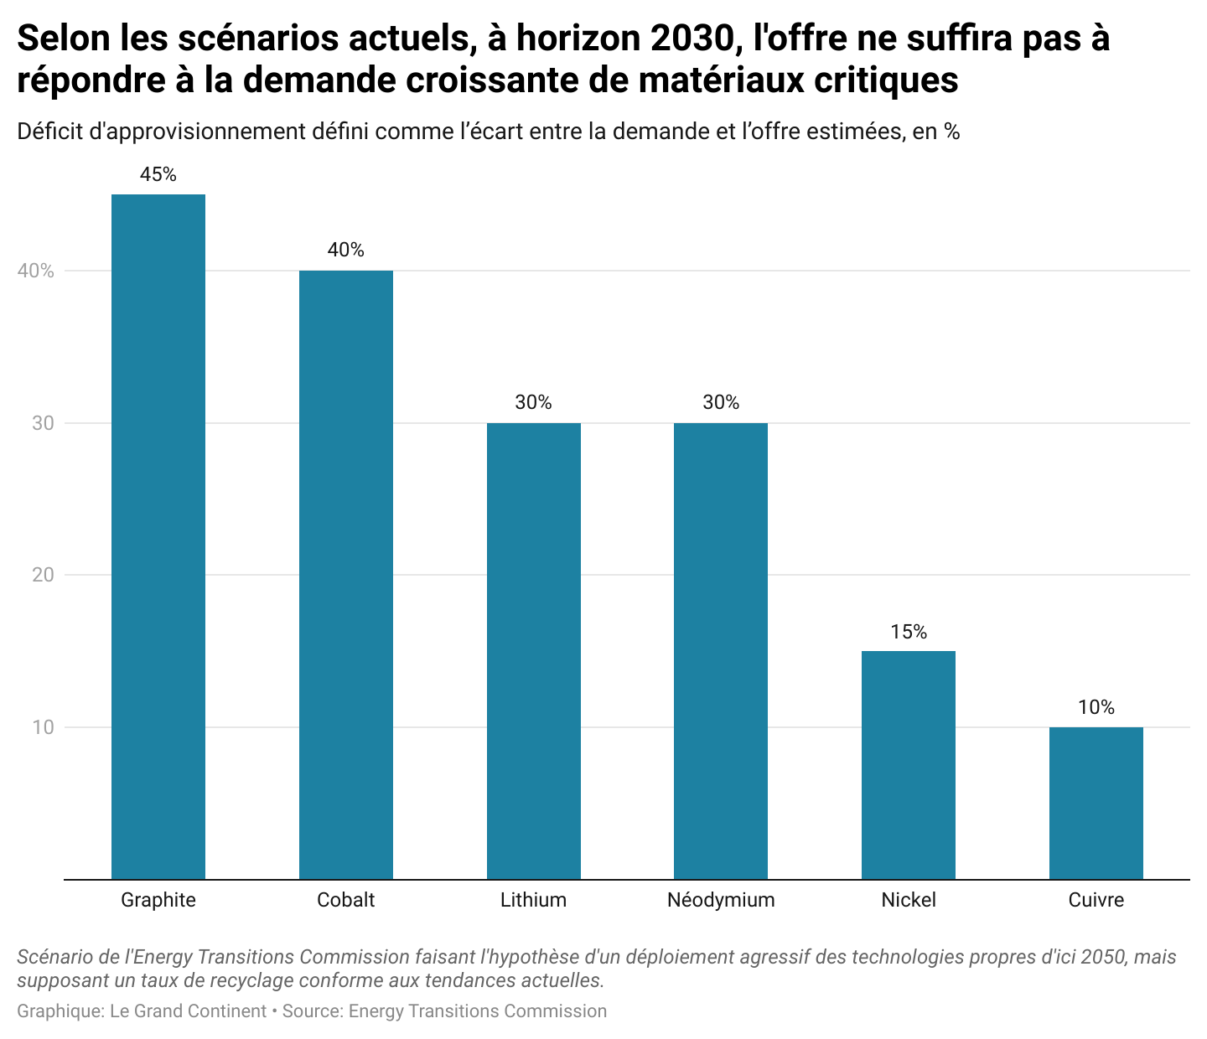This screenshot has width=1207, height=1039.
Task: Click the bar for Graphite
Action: coord(158,536)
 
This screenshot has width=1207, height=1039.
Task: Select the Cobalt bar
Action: coord(346,574)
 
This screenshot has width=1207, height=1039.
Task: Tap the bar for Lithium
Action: coord(534,650)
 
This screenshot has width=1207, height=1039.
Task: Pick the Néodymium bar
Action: coord(721,650)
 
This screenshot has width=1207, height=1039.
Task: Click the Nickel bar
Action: coord(909,764)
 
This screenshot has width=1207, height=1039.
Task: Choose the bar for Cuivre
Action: coord(1096,803)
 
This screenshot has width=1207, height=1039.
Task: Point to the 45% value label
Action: coord(158,174)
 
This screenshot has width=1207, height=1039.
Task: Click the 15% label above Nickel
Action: coord(909,632)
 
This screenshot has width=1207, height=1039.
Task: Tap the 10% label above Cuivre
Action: coord(1096,707)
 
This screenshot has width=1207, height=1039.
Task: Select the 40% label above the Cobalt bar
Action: coord(346,250)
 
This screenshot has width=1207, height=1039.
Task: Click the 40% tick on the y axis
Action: coord(36,271)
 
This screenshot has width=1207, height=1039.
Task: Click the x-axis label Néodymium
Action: coord(721,900)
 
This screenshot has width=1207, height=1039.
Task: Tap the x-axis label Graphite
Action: coord(158,900)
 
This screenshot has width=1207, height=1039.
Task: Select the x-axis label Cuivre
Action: coord(1096,900)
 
